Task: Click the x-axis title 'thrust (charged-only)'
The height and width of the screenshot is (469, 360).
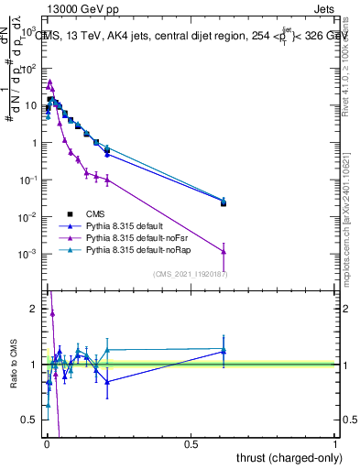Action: pyautogui.click(x=285, y=458)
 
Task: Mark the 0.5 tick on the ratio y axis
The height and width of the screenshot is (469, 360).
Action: pyautogui.click(x=30, y=420)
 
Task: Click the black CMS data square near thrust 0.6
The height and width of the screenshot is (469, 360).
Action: pyautogui.click(x=224, y=203)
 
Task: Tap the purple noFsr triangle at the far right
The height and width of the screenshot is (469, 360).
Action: pyautogui.click(x=224, y=252)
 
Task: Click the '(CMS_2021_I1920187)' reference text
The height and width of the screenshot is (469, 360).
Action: pyautogui.click(x=190, y=273)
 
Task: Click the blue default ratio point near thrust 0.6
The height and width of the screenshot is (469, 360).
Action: pyautogui.click(x=224, y=351)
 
